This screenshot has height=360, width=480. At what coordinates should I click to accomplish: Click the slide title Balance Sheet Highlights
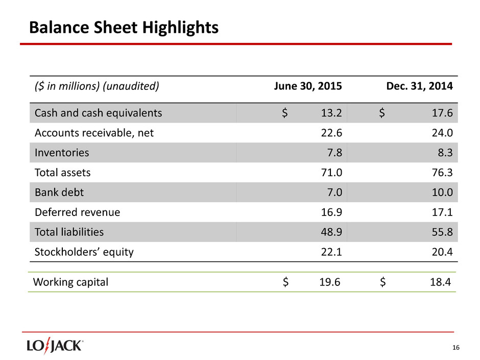(x=124, y=28)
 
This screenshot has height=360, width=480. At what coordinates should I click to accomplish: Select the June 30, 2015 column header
(x=308, y=86)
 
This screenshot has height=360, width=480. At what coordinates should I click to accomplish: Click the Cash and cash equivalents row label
(x=98, y=113)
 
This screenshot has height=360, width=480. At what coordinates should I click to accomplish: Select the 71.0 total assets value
(x=331, y=173)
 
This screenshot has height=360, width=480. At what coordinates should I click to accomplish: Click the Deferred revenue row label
(x=77, y=212)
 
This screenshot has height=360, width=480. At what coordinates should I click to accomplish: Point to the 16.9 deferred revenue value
(x=331, y=212)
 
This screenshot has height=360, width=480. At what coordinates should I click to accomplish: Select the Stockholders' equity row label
(x=84, y=252)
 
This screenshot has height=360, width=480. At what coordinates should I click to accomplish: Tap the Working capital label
(x=70, y=282)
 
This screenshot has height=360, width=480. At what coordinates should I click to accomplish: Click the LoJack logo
(x=55, y=346)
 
